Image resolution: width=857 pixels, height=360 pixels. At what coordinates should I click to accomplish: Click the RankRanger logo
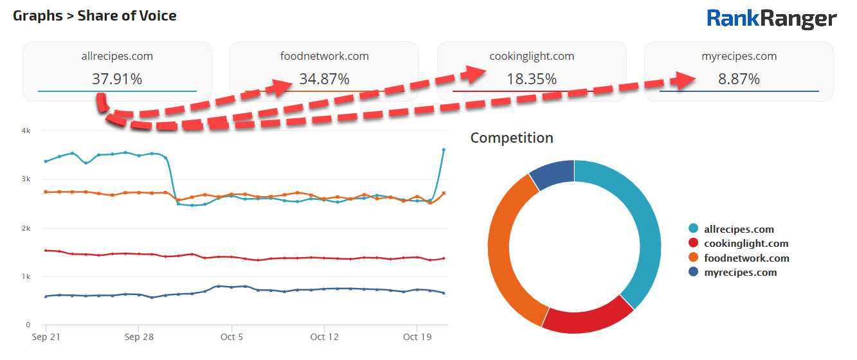point(771,19)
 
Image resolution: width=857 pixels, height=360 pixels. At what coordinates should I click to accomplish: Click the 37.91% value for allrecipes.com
point(117,80)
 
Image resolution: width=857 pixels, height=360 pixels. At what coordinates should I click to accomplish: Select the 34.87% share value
point(324,80)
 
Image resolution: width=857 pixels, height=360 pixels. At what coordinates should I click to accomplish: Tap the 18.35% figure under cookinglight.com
point(531,80)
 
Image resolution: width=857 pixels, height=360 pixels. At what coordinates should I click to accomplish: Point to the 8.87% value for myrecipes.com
point(739,80)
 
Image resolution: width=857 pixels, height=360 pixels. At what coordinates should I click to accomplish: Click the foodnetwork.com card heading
point(324,56)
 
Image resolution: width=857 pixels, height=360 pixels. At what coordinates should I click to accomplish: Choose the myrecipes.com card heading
point(739,56)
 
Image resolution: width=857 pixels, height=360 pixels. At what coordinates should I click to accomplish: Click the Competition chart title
point(512,138)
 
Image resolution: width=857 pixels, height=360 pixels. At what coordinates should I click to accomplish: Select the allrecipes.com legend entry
point(739,229)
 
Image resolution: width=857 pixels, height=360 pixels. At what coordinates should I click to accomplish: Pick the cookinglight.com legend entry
point(746,244)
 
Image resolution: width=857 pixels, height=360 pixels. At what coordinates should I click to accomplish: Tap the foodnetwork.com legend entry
point(746,258)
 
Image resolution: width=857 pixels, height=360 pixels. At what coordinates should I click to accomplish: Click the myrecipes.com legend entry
point(740,273)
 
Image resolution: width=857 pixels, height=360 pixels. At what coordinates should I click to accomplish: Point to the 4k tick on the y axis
point(26,130)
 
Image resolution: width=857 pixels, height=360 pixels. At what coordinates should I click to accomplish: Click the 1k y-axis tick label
point(26,277)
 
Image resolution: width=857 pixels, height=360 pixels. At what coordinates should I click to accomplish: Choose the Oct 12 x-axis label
point(324,337)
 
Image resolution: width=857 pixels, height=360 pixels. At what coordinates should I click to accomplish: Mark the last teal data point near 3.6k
point(444,150)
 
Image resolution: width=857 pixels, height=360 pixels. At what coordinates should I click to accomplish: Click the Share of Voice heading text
point(127,15)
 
